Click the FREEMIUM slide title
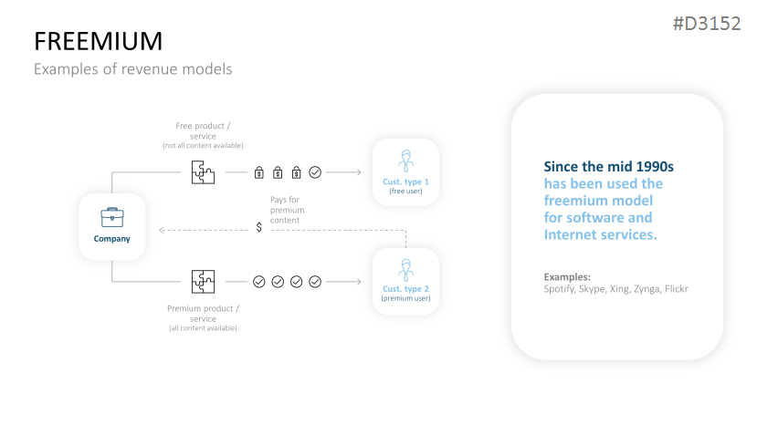98,40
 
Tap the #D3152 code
706,24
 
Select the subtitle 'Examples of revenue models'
133,68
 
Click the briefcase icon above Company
111,216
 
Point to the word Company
111,239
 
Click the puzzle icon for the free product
203,171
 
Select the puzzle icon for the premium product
203,281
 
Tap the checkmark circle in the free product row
315,171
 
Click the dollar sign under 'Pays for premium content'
259,227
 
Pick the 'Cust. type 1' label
405,181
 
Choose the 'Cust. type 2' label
405,289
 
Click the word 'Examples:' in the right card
567,275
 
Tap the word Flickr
676,288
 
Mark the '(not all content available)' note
203,146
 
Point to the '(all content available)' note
203,327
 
